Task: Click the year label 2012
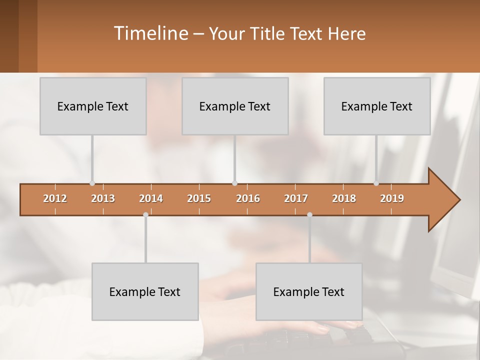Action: [55, 199]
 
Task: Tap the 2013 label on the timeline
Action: [103, 199]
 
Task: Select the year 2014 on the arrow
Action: [151, 199]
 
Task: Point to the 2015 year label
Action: [199, 199]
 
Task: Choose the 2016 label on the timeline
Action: [248, 199]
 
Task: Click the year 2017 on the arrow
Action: [296, 199]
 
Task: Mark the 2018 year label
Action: [344, 199]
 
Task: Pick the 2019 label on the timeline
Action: [392, 199]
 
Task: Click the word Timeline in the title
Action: [150, 33]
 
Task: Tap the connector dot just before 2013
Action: [92, 183]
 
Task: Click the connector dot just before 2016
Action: [234, 183]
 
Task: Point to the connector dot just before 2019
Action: [376, 183]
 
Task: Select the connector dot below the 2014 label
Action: [145, 215]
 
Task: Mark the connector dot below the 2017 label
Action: [309, 215]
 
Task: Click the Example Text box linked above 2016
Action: [235, 106]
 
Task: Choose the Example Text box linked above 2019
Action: [377, 106]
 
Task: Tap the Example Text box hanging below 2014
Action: [145, 291]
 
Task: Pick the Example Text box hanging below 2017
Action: [309, 291]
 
